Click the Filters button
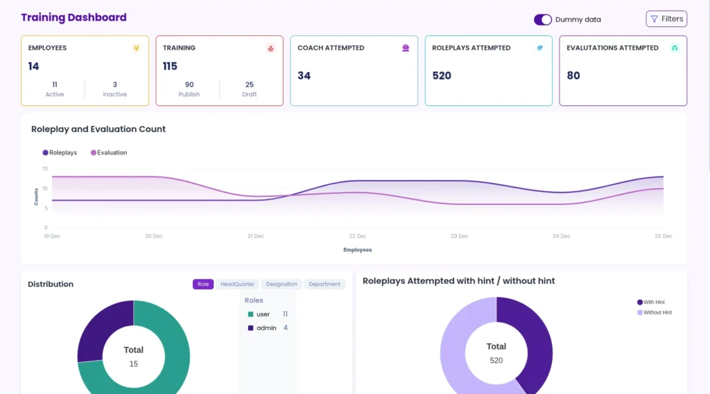click(666, 19)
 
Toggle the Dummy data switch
click(542, 19)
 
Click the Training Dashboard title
click(73, 17)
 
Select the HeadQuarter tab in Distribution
click(237, 284)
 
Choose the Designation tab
click(282, 284)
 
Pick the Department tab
click(324, 284)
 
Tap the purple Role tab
click(203, 284)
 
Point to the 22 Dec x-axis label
click(358, 236)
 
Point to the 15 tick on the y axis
click(45, 169)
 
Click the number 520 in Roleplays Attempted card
click(442, 75)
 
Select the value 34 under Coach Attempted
click(304, 75)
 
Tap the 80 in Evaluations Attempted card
click(573, 75)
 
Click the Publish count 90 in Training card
click(189, 84)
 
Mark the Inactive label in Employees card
click(115, 94)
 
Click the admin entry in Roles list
click(266, 328)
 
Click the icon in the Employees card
click(136, 48)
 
